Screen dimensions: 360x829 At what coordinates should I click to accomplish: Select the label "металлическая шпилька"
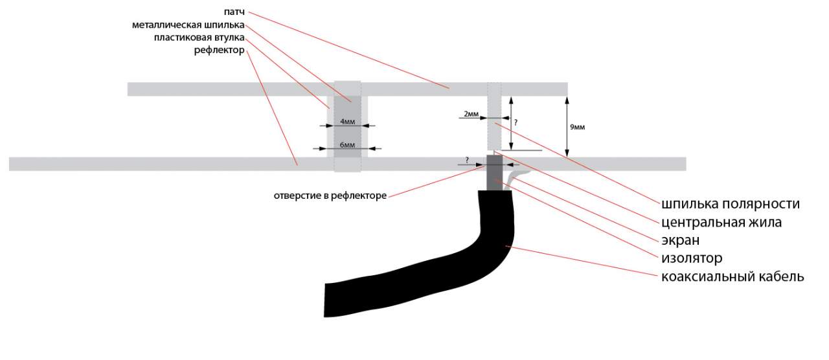tap(188, 25)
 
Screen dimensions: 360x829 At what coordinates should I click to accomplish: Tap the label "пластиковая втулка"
tap(199, 38)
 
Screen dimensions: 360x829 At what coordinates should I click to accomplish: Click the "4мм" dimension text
tap(347, 121)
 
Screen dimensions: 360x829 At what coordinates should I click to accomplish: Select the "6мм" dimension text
tap(347, 144)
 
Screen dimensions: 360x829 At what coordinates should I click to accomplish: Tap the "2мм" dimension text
tap(471, 114)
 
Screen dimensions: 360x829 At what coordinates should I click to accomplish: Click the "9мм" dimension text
tap(577, 128)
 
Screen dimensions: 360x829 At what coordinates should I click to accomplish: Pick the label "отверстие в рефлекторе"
tap(330, 196)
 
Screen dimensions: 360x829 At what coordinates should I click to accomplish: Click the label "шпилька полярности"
tap(730, 204)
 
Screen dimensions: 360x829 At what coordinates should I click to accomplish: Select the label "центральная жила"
tap(721, 222)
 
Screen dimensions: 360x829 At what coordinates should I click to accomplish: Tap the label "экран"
tap(680, 240)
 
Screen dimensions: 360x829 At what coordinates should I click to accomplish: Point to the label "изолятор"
tap(691, 258)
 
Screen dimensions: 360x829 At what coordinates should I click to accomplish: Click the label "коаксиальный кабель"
tap(732, 277)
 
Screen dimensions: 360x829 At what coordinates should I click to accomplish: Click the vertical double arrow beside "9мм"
tap(567, 126)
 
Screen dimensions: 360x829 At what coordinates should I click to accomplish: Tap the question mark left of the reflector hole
tap(467, 159)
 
